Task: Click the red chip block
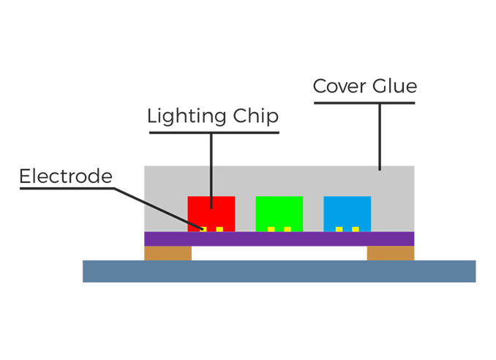pyautogui.click(x=211, y=212)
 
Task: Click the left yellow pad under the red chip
pyautogui.click(x=204, y=230)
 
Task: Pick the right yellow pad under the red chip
pyautogui.click(x=219, y=230)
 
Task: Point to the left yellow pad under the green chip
pyautogui.click(x=271, y=230)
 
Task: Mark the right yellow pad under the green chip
pyautogui.click(x=287, y=230)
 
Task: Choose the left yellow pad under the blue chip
pyautogui.click(x=339, y=230)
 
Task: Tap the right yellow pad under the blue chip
pyautogui.click(x=355, y=230)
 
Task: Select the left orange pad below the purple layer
pyautogui.click(x=165, y=253)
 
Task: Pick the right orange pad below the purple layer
pyautogui.click(x=394, y=253)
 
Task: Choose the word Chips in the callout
pyautogui.click(x=257, y=117)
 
